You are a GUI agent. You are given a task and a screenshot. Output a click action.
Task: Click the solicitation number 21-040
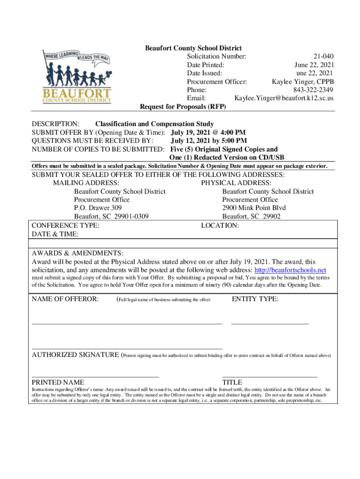click(x=324, y=57)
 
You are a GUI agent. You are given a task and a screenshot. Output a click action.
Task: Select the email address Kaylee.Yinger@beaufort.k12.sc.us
click(x=284, y=98)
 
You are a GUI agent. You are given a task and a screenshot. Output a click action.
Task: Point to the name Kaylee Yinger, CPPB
click(x=303, y=81)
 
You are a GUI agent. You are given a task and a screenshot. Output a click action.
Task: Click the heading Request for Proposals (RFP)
click(x=183, y=107)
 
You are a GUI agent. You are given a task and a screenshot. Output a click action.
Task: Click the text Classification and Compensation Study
click(x=154, y=124)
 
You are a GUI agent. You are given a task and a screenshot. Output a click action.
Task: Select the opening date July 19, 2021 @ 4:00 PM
click(x=208, y=132)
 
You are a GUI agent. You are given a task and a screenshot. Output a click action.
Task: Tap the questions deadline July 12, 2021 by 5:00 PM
click(x=209, y=141)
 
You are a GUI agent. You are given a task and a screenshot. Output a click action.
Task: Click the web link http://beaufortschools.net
click(x=289, y=270)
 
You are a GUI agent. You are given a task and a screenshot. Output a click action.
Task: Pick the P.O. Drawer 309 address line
click(x=98, y=208)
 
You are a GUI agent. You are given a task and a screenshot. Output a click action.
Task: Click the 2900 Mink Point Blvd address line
click(x=254, y=208)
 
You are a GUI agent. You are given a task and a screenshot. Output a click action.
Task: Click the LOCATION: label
click(x=220, y=225)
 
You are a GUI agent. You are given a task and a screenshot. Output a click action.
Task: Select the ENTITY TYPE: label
click(x=255, y=299)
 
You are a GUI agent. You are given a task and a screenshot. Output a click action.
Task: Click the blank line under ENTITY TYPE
click(x=270, y=323)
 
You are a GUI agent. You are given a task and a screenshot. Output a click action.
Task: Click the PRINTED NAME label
click(x=58, y=382)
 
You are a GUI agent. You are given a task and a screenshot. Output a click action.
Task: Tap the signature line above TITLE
click(x=270, y=377)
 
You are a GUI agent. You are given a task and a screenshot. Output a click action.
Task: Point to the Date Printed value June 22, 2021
click(x=314, y=65)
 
